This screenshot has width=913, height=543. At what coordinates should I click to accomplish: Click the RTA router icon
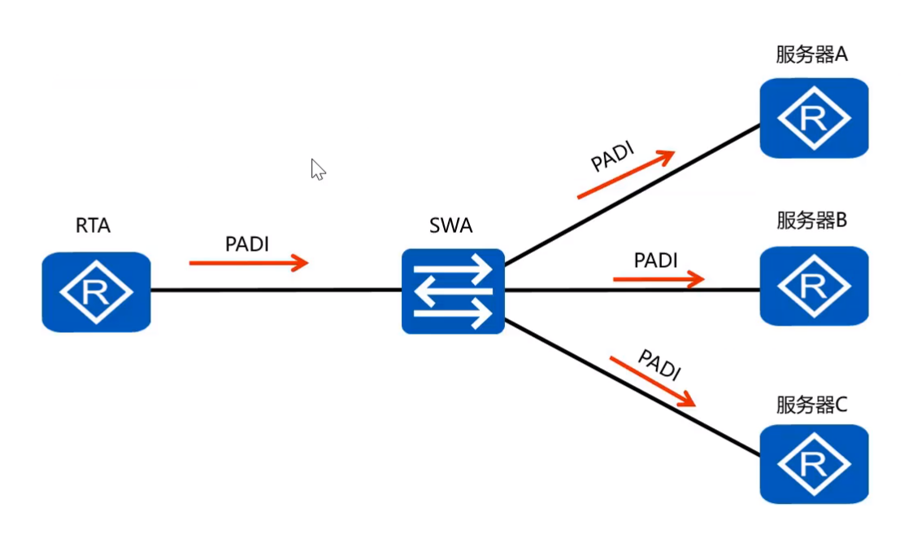point(96,291)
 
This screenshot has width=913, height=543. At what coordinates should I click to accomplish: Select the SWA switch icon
point(453,291)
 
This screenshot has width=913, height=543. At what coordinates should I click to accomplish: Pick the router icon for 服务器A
point(813,118)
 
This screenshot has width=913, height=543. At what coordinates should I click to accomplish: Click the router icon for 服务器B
point(813,286)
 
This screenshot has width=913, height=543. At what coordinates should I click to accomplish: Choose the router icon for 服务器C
point(813,464)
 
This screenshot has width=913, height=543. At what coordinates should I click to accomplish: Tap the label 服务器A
point(811,55)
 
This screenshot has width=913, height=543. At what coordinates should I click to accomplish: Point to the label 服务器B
point(811,220)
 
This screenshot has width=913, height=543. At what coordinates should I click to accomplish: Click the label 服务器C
point(811,405)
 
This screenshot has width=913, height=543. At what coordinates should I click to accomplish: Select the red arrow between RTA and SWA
point(249,262)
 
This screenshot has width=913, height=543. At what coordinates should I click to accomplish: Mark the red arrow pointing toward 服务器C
point(653,380)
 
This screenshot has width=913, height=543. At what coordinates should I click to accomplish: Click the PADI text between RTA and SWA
point(246,243)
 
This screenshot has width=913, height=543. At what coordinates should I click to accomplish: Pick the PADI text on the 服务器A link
point(612,156)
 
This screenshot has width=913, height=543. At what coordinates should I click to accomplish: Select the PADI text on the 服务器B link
point(655,261)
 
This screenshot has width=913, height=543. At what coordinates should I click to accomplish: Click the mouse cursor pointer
point(317,169)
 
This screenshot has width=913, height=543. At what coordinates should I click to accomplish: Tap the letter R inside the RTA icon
point(95,292)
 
